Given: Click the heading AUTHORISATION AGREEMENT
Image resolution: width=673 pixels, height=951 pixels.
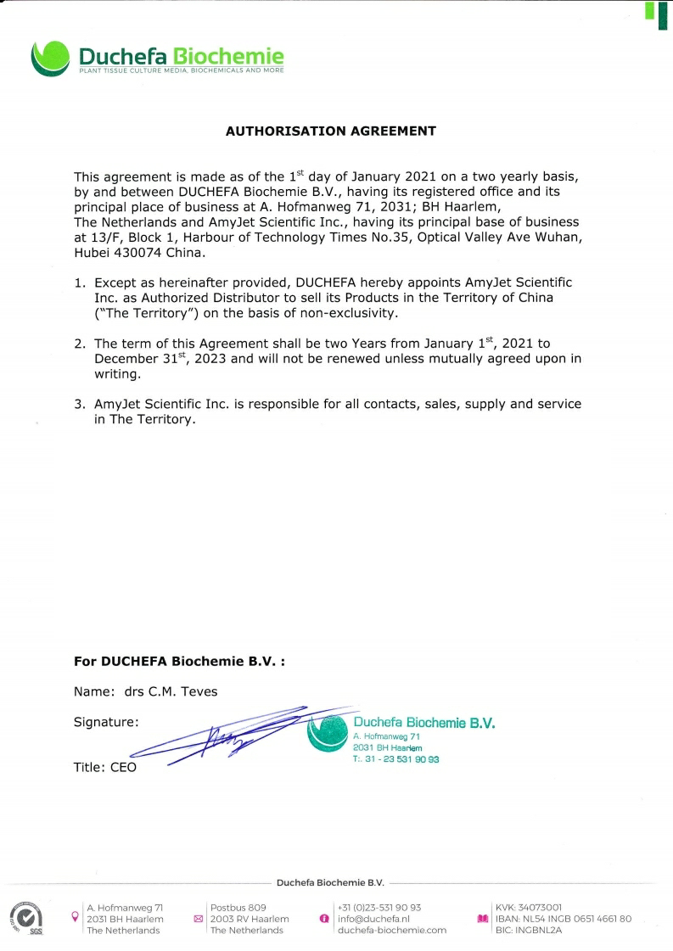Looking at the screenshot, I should click(330, 131).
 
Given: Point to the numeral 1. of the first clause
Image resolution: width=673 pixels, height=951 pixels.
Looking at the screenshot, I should click(80, 283).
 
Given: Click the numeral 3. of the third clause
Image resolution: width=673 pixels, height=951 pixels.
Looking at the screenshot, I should click(80, 405).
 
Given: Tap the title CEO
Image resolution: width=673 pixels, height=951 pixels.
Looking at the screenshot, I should click(122, 767).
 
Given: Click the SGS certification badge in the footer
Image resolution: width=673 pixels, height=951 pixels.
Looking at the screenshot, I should click(25, 918).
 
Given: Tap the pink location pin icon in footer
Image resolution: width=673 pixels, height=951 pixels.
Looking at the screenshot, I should click(76, 917).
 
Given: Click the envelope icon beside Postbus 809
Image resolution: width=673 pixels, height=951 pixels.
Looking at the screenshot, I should click(199, 919).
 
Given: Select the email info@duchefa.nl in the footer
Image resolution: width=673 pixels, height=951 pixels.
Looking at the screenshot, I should click(373, 919).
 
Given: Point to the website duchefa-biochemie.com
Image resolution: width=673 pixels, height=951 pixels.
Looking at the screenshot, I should click(391, 930).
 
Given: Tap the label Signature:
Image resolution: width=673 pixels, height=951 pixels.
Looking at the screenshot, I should click(106, 722).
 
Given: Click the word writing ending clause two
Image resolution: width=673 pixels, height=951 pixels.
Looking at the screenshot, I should click(118, 374).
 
